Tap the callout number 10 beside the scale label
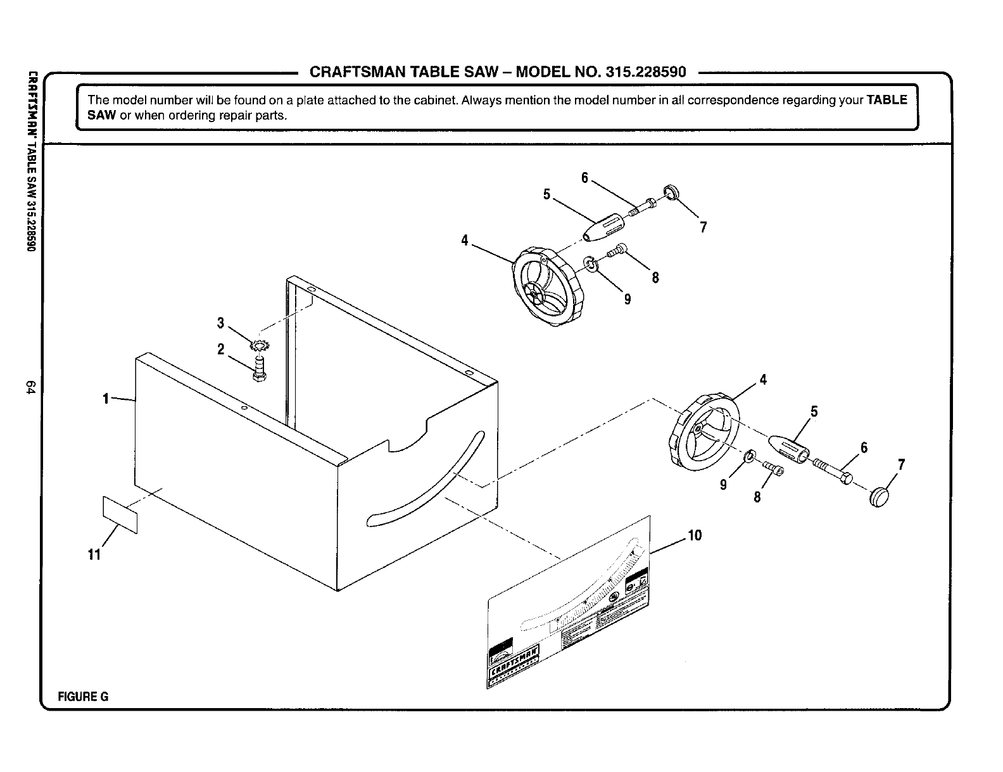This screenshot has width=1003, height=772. [x=695, y=536]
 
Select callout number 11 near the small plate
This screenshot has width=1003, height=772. [x=94, y=555]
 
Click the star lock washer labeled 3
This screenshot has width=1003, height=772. [x=259, y=346]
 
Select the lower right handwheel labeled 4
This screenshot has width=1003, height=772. [x=703, y=432]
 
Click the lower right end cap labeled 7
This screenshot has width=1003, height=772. [x=880, y=497]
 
